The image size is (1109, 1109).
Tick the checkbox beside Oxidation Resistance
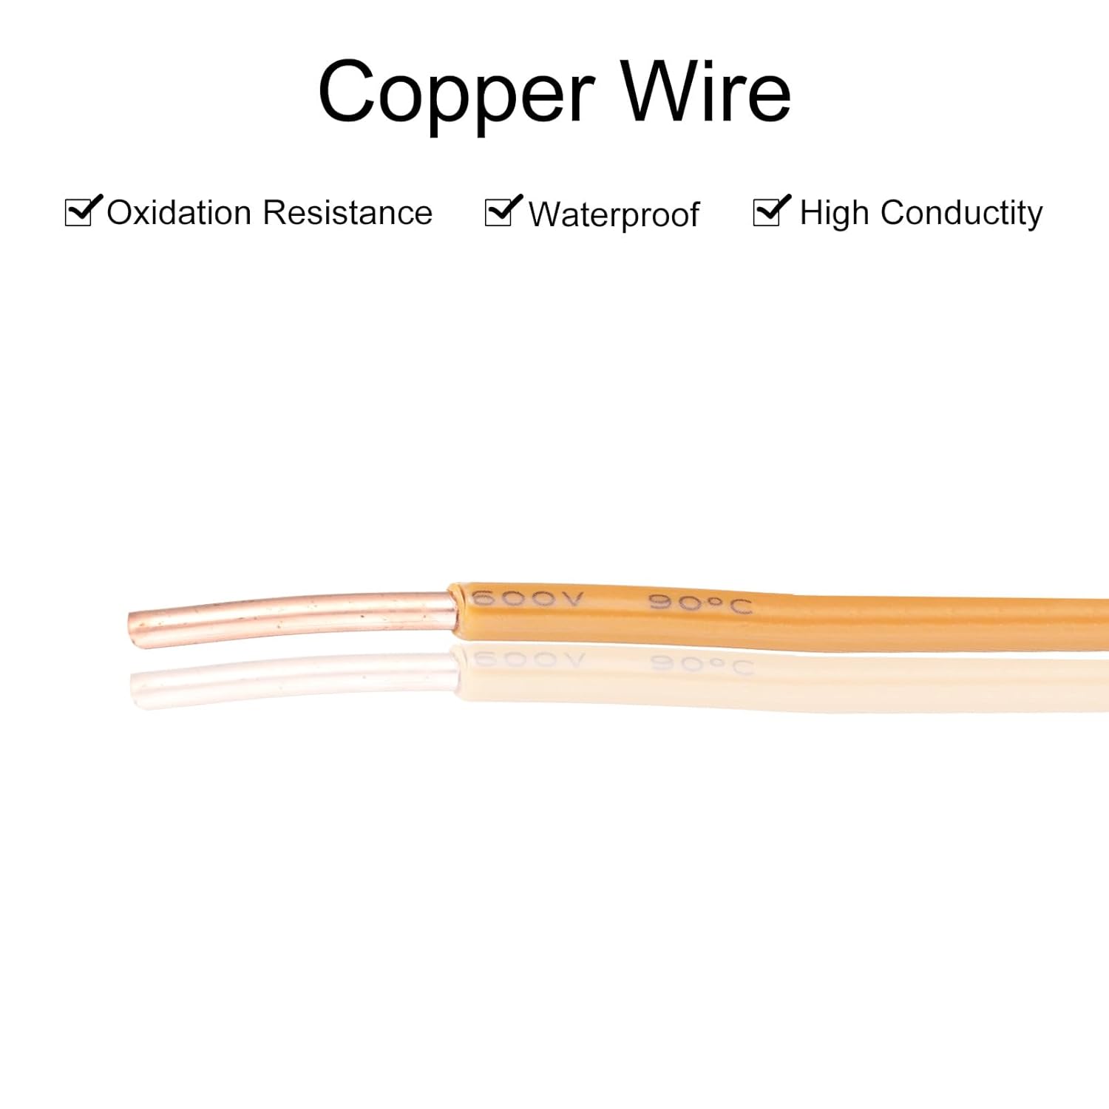[79, 212]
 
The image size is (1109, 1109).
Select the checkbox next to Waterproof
[499, 213]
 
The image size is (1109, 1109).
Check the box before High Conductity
[767, 212]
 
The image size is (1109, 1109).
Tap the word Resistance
[347, 213]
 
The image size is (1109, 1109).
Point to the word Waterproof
[614, 215]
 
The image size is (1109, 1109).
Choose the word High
[834, 214]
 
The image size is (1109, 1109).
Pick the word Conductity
[961, 214]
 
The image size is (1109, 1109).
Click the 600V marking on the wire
[527, 598]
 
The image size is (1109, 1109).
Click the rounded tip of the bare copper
[134, 630]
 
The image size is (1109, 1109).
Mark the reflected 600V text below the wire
[528, 659]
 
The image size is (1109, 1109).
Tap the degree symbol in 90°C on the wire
[714, 602]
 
